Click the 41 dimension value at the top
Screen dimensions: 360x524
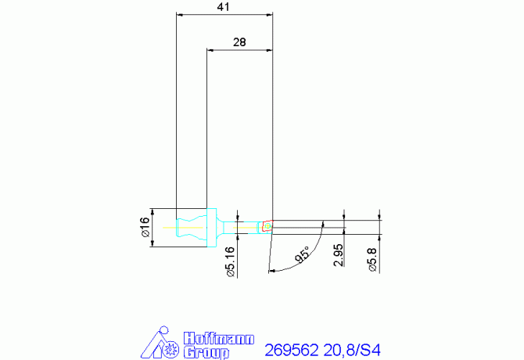coord(224,7)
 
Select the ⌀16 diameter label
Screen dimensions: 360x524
coord(144,228)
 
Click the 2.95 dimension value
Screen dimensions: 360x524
coord(337,255)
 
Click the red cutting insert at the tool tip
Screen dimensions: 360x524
coord(267,226)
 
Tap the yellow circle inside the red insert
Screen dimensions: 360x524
coord(268,227)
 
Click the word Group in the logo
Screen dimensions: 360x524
coord(206,352)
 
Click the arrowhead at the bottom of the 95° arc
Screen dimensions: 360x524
coord(272,272)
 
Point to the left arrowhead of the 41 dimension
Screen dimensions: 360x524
coord(181,14)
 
